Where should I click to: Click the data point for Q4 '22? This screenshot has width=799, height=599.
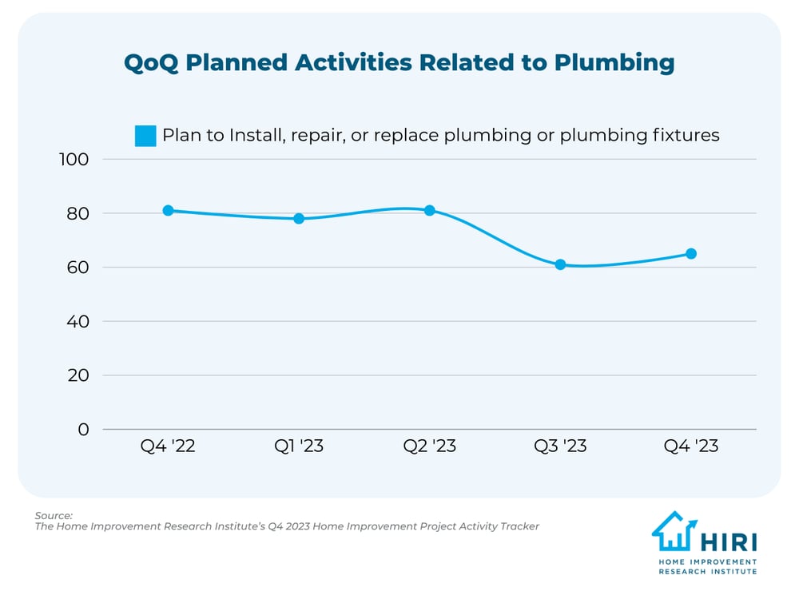pyautogui.click(x=168, y=211)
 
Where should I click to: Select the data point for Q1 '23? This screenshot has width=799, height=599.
pyautogui.click(x=299, y=218)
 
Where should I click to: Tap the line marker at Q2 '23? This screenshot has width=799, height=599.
pyautogui.click(x=430, y=211)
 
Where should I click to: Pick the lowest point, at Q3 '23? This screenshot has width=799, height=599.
pyautogui.click(x=560, y=264)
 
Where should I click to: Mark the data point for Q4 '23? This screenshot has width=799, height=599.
pyautogui.click(x=691, y=254)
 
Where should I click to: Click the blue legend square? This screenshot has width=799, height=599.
pyautogui.click(x=145, y=136)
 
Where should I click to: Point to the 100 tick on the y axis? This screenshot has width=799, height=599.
pyautogui.click(x=74, y=159)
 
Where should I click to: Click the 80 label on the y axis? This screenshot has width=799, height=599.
pyautogui.click(x=77, y=213)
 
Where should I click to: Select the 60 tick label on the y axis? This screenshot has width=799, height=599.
pyautogui.click(x=77, y=268)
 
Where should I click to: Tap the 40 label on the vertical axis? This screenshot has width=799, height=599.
pyautogui.click(x=77, y=321)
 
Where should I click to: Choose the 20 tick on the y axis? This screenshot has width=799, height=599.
pyautogui.click(x=77, y=375)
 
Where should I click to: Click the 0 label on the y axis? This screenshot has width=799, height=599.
pyautogui.click(x=83, y=430)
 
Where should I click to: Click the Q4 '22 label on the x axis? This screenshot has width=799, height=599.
pyautogui.click(x=168, y=446)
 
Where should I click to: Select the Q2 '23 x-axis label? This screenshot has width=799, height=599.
pyautogui.click(x=430, y=446)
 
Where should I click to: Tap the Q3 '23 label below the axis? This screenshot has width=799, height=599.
pyautogui.click(x=560, y=446)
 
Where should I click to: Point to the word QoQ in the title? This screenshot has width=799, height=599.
pyautogui.click(x=152, y=63)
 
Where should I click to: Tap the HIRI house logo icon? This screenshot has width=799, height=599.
pyautogui.click(x=674, y=532)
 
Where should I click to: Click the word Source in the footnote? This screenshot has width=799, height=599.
pyautogui.click(x=54, y=515)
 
